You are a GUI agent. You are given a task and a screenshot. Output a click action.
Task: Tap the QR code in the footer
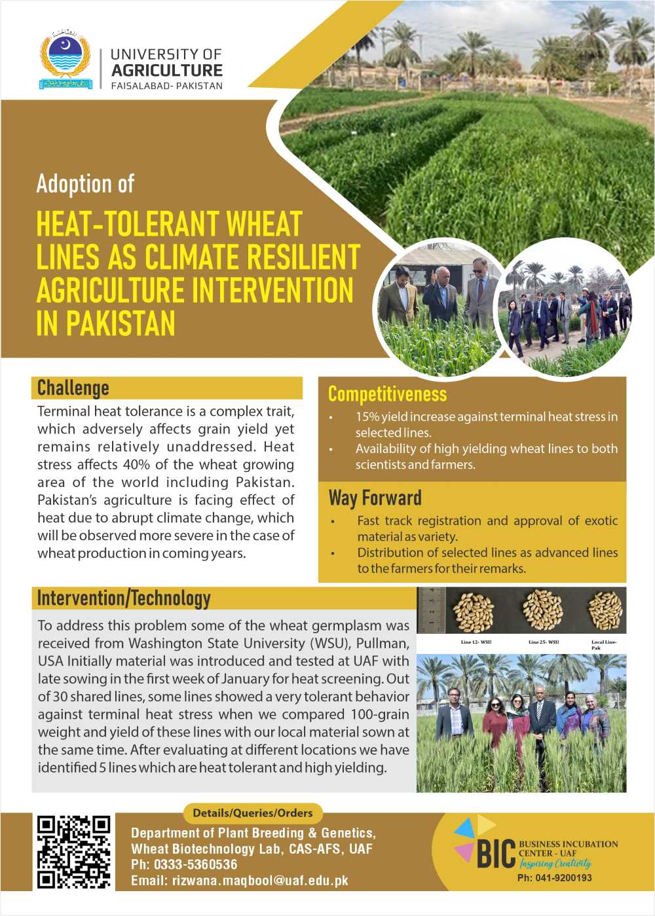(x=73, y=851)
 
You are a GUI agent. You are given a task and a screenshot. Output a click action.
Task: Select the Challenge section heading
(x=73, y=388)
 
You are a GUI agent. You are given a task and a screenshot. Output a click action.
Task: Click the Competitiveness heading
(x=387, y=394)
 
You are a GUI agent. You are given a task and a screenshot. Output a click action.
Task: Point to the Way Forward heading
(x=375, y=498)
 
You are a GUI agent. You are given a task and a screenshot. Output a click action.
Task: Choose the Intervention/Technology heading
(x=124, y=598)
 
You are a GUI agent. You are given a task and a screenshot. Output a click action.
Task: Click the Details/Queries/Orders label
(x=253, y=813)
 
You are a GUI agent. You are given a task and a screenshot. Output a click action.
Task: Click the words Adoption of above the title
(x=85, y=184)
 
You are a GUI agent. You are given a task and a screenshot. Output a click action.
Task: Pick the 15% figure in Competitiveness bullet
(x=367, y=417)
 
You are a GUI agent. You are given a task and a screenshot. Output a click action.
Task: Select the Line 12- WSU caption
(x=476, y=642)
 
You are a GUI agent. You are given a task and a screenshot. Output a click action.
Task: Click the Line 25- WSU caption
(x=543, y=642)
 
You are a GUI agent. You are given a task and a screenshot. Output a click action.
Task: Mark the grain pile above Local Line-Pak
(x=604, y=610)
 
